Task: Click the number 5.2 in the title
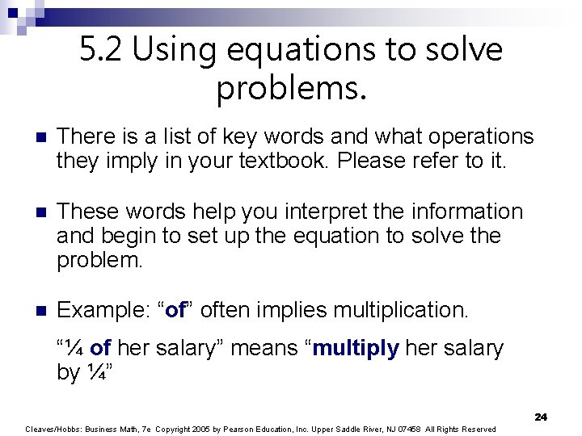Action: coord(101,50)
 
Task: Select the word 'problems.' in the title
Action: coord(291,88)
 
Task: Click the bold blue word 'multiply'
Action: coord(356,348)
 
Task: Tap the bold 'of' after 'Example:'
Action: coord(175,310)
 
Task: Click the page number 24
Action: coord(541,417)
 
